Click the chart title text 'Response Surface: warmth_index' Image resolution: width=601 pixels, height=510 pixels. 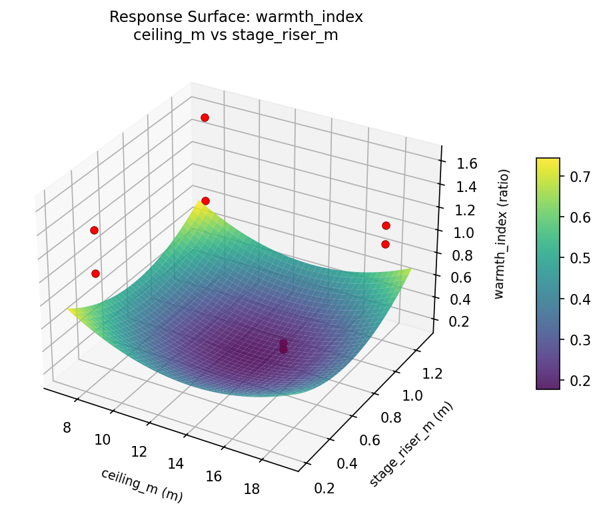click(x=237, y=17)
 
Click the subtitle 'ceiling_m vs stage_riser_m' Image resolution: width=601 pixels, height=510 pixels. click(x=237, y=35)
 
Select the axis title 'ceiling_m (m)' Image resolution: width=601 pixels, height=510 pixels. click(x=141, y=485)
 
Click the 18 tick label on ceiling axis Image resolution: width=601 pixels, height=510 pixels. click(x=251, y=490)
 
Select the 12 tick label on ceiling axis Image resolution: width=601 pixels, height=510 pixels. click(x=139, y=451)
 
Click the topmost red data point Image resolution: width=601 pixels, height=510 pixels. click(x=205, y=117)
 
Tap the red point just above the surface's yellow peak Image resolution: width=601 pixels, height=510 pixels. click(x=205, y=201)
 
